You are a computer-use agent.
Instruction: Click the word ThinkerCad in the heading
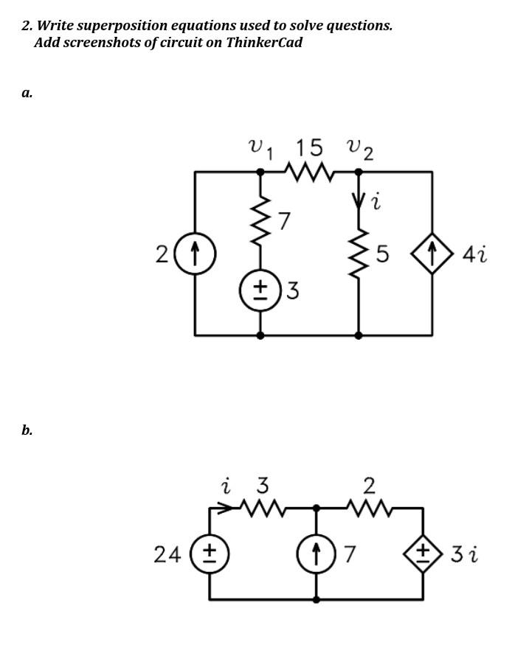point(263,42)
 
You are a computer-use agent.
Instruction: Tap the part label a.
point(27,93)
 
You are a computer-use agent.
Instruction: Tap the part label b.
point(27,430)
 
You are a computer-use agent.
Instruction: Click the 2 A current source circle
point(196,254)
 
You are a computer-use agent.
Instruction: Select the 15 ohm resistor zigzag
point(309,172)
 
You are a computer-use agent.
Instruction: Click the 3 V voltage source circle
point(260,290)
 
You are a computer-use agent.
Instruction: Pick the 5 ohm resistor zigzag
point(359,254)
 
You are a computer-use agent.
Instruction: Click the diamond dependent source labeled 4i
point(432,255)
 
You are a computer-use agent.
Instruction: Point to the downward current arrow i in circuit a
point(359,200)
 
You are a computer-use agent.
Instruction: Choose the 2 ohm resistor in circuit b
point(369,508)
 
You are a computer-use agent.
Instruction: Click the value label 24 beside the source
point(169,554)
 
